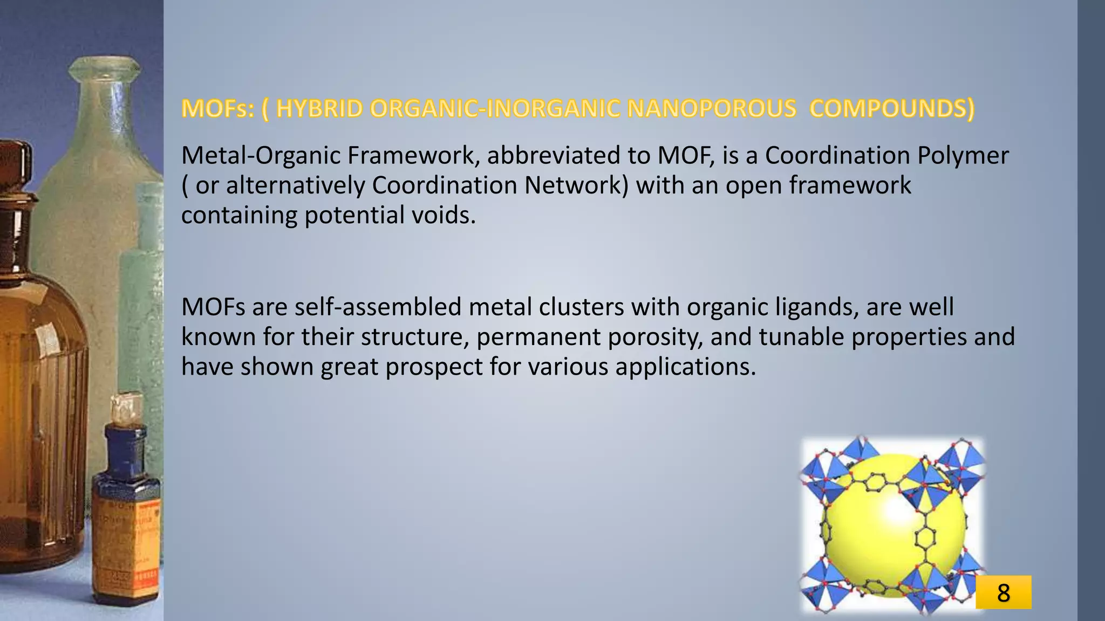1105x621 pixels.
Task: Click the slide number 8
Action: [x=1003, y=593]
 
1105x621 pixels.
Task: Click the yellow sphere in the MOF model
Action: [x=885, y=539]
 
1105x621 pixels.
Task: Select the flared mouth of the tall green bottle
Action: [x=105, y=69]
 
